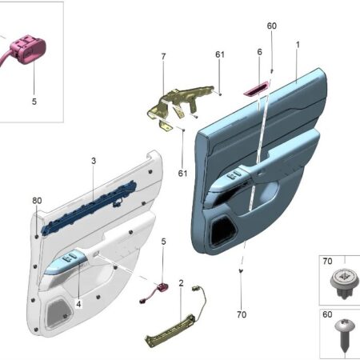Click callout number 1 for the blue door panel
298,45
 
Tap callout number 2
181,283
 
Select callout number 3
94,161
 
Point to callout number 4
78,304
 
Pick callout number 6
260,52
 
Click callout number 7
163,57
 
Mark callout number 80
37,201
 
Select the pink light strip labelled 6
256,89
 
